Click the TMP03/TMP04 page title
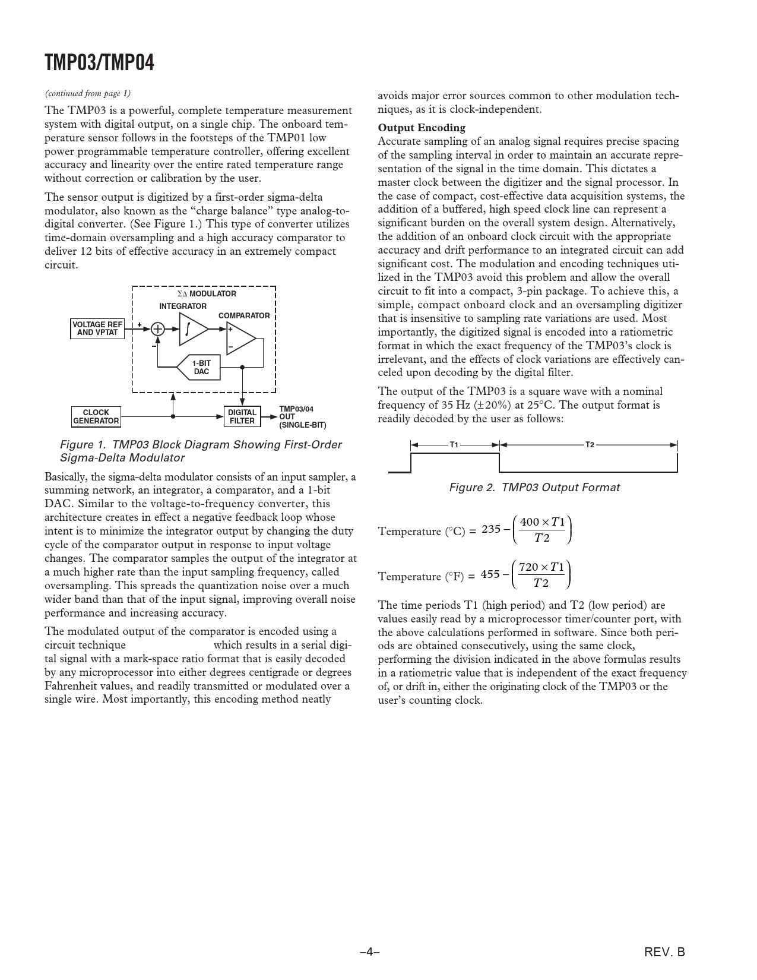point(99,62)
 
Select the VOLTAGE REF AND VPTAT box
point(97,328)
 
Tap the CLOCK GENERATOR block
point(96,416)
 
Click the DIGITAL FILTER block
point(242,416)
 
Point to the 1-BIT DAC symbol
point(198,367)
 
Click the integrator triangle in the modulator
point(192,328)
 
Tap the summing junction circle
point(158,328)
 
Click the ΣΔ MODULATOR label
point(207,294)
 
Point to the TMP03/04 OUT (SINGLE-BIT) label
point(302,417)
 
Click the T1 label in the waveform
point(454,444)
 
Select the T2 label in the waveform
point(590,444)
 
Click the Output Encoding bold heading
point(422,128)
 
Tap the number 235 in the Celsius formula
point(491,529)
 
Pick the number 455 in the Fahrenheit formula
point(490,574)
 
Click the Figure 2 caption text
point(534,488)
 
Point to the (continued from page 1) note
point(87,93)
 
